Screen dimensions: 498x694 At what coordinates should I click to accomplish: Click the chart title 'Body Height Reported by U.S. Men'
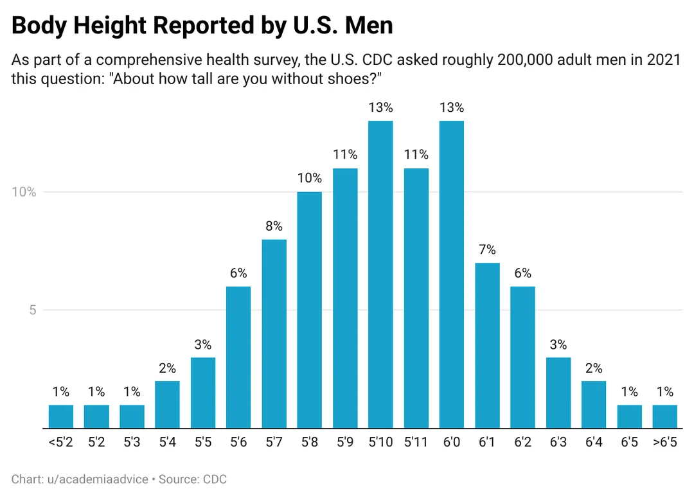pyautogui.click(x=202, y=26)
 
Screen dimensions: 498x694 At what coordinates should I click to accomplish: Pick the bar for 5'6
pyautogui.click(x=238, y=357)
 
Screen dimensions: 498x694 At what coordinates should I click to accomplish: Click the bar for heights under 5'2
pyautogui.click(x=61, y=416)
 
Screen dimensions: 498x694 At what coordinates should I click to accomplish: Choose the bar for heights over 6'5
pyautogui.click(x=665, y=416)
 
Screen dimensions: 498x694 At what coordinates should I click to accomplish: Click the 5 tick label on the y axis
pyautogui.click(x=30, y=310)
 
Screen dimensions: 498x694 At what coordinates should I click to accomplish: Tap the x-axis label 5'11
pyautogui.click(x=416, y=443)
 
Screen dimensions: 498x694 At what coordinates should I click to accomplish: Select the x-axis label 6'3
pyautogui.click(x=558, y=443)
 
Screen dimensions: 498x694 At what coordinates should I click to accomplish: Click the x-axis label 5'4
pyautogui.click(x=167, y=443)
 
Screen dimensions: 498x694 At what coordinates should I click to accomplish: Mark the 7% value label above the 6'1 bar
pyautogui.click(x=487, y=250)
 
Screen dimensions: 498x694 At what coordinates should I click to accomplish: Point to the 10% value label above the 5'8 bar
pyautogui.click(x=309, y=179)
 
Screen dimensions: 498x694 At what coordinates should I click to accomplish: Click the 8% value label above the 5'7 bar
pyautogui.click(x=274, y=226)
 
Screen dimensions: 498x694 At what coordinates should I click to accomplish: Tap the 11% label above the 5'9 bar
pyautogui.click(x=345, y=155)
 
